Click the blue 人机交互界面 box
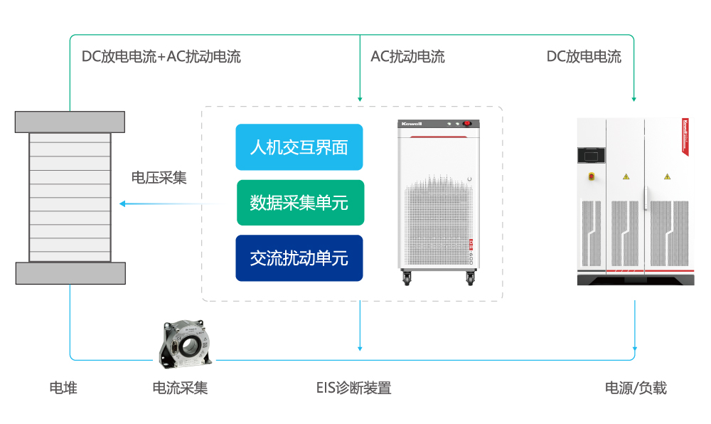299,147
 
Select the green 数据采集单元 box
299,203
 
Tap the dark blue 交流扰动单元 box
299,258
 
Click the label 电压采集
159,177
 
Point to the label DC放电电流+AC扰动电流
161,57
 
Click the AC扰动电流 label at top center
407,57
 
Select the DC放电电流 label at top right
584,57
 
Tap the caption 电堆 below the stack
63,388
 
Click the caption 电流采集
181,388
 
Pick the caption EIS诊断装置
353,388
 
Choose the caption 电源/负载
636,388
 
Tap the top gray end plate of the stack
70,122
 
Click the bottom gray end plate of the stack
70,273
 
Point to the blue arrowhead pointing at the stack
122,204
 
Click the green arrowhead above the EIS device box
360,98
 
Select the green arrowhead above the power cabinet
634,98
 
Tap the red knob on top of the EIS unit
467,124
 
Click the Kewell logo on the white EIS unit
412,124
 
